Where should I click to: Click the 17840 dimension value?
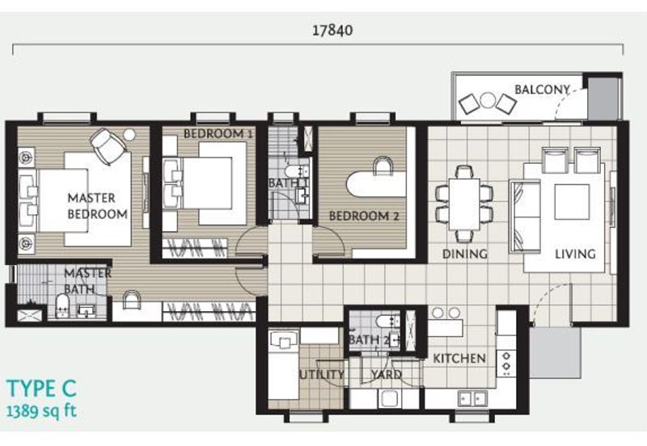332,30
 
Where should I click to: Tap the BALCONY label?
542,90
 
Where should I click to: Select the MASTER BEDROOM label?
97,206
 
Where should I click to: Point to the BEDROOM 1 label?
218,133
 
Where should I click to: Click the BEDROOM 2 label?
364,216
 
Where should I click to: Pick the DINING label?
464,254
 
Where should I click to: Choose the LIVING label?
575,254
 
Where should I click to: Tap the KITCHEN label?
459,359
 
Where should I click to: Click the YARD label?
387,374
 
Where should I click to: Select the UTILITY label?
321,374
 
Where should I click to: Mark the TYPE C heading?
42,389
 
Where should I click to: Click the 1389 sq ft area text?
42,411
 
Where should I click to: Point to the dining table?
464,204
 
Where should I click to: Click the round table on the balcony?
488,100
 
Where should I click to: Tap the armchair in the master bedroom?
108,146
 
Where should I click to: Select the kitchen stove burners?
506,363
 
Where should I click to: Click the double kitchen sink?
472,399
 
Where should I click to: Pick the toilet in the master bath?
62,306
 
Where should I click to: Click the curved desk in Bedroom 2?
376,184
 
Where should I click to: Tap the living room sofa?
525,217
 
